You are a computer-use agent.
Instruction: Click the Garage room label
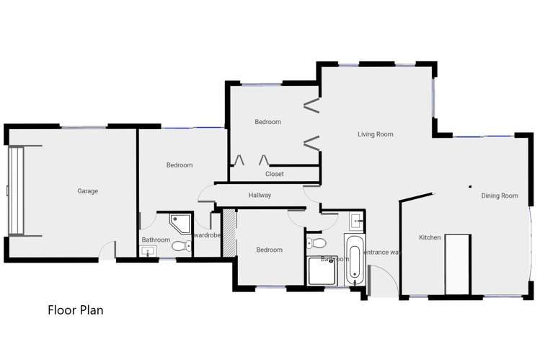88,191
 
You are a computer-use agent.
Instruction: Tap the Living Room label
376,134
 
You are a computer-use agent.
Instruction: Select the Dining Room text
500,196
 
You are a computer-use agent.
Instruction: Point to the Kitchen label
430,237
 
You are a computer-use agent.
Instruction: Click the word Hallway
260,195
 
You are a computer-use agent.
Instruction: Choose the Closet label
275,174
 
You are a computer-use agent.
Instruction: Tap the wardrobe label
207,235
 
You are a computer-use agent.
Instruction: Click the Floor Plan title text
76,311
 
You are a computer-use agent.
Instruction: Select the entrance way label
381,252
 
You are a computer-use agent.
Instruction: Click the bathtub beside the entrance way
353,258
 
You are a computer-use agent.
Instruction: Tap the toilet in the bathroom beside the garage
181,246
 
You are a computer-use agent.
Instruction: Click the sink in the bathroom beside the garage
149,251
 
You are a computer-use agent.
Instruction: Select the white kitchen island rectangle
457,264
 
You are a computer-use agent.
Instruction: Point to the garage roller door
15,191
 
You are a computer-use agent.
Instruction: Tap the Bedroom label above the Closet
267,122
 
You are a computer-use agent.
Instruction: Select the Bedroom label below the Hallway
270,250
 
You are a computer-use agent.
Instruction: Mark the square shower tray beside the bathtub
322,271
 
